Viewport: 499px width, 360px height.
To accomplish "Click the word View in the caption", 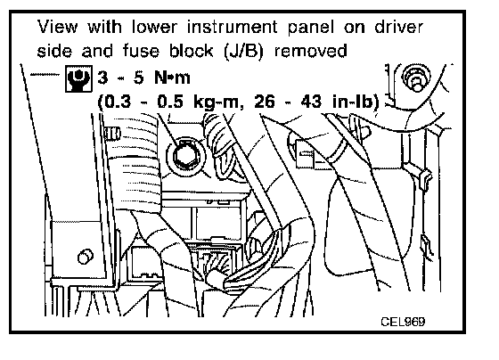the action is coord(57,27).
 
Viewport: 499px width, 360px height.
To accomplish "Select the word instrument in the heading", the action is coord(232,27).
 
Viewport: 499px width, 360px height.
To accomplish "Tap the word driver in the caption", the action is coord(399,27).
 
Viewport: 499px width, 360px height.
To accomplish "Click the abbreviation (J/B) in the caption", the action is coord(244,51).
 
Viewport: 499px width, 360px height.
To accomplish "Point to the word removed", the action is coord(310,51).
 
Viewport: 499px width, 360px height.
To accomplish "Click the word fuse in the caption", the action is coord(141,51).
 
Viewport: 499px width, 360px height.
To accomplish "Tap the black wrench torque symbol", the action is coord(78,79).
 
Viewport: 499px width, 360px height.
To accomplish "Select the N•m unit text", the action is coord(172,78).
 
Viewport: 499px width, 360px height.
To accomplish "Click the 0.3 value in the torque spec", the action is coord(118,102).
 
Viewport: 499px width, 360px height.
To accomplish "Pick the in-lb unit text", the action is coord(352,102).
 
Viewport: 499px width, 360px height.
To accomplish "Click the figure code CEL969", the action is coord(403,322).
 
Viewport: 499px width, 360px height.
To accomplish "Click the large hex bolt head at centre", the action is coord(186,156).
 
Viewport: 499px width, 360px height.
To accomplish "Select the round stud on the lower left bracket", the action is coord(86,257).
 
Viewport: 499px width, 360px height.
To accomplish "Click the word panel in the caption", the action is coord(311,28).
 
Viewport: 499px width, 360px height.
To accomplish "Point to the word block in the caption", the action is coord(191,51).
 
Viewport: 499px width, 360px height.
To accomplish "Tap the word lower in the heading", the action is coord(154,27).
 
